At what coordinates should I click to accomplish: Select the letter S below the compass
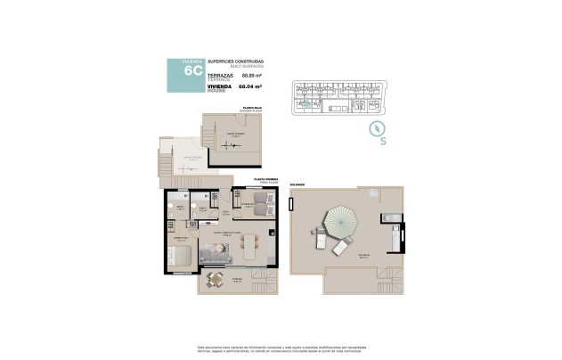tap(382, 141)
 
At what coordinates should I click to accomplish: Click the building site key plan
tap(339, 98)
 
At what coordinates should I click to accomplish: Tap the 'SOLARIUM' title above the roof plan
tap(296, 184)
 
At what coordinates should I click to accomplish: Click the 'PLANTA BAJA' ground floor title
tap(250, 109)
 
